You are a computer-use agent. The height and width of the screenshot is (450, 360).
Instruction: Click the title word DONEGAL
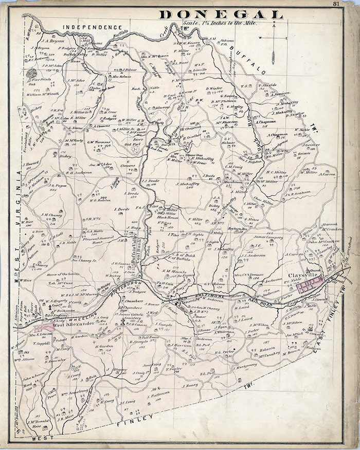pos(221,14)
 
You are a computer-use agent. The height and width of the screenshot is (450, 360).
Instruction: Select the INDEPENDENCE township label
pos(93,27)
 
